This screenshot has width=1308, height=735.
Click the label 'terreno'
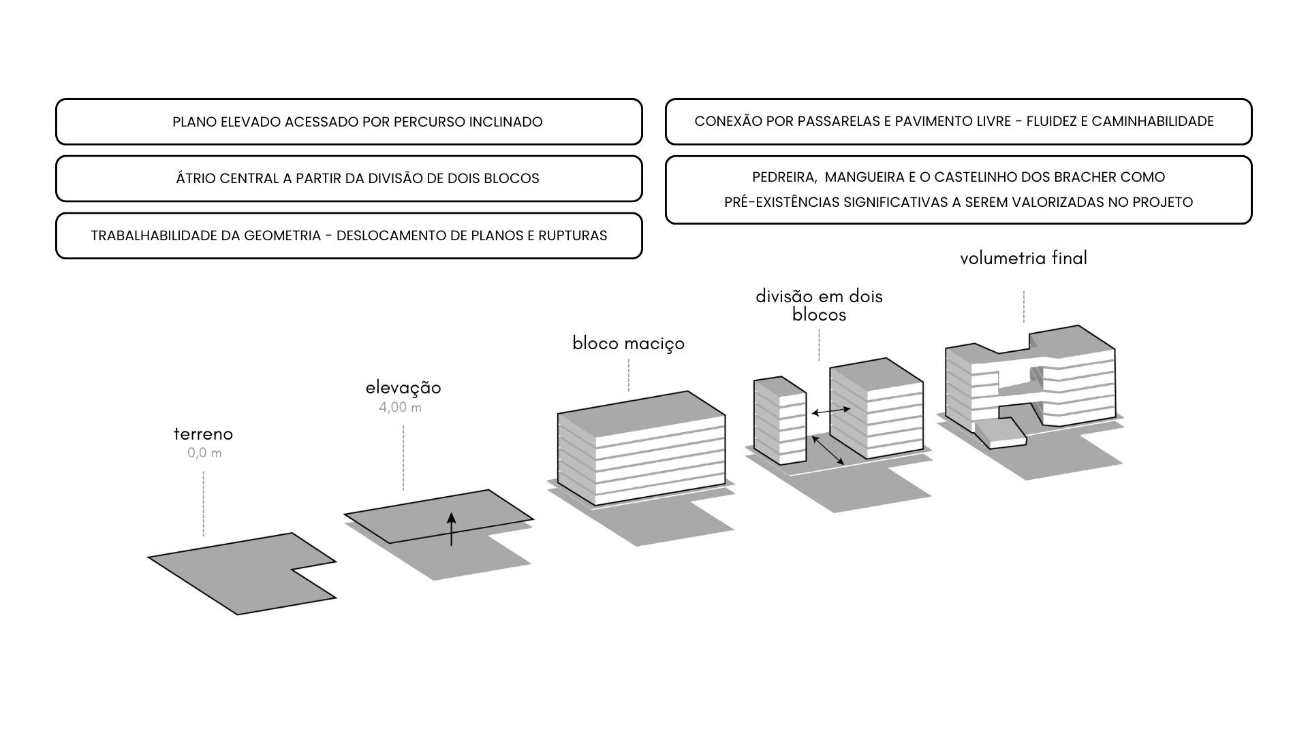coord(203,434)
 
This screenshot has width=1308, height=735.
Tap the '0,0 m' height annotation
coord(204,453)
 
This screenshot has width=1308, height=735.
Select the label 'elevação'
coord(403,388)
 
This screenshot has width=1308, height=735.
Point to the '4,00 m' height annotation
coord(400,408)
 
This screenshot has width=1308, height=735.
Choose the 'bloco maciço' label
coord(628,343)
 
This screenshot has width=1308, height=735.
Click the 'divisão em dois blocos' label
coord(819,306)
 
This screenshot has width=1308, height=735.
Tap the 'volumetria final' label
coord(1023,259)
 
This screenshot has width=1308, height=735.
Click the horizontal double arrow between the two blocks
coord(830,411)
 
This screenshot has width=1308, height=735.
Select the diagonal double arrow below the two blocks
coord(829,451)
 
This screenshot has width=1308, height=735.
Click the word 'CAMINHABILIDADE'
coord(1153,122)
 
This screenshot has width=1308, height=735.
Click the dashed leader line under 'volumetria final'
coord(1023,306)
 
